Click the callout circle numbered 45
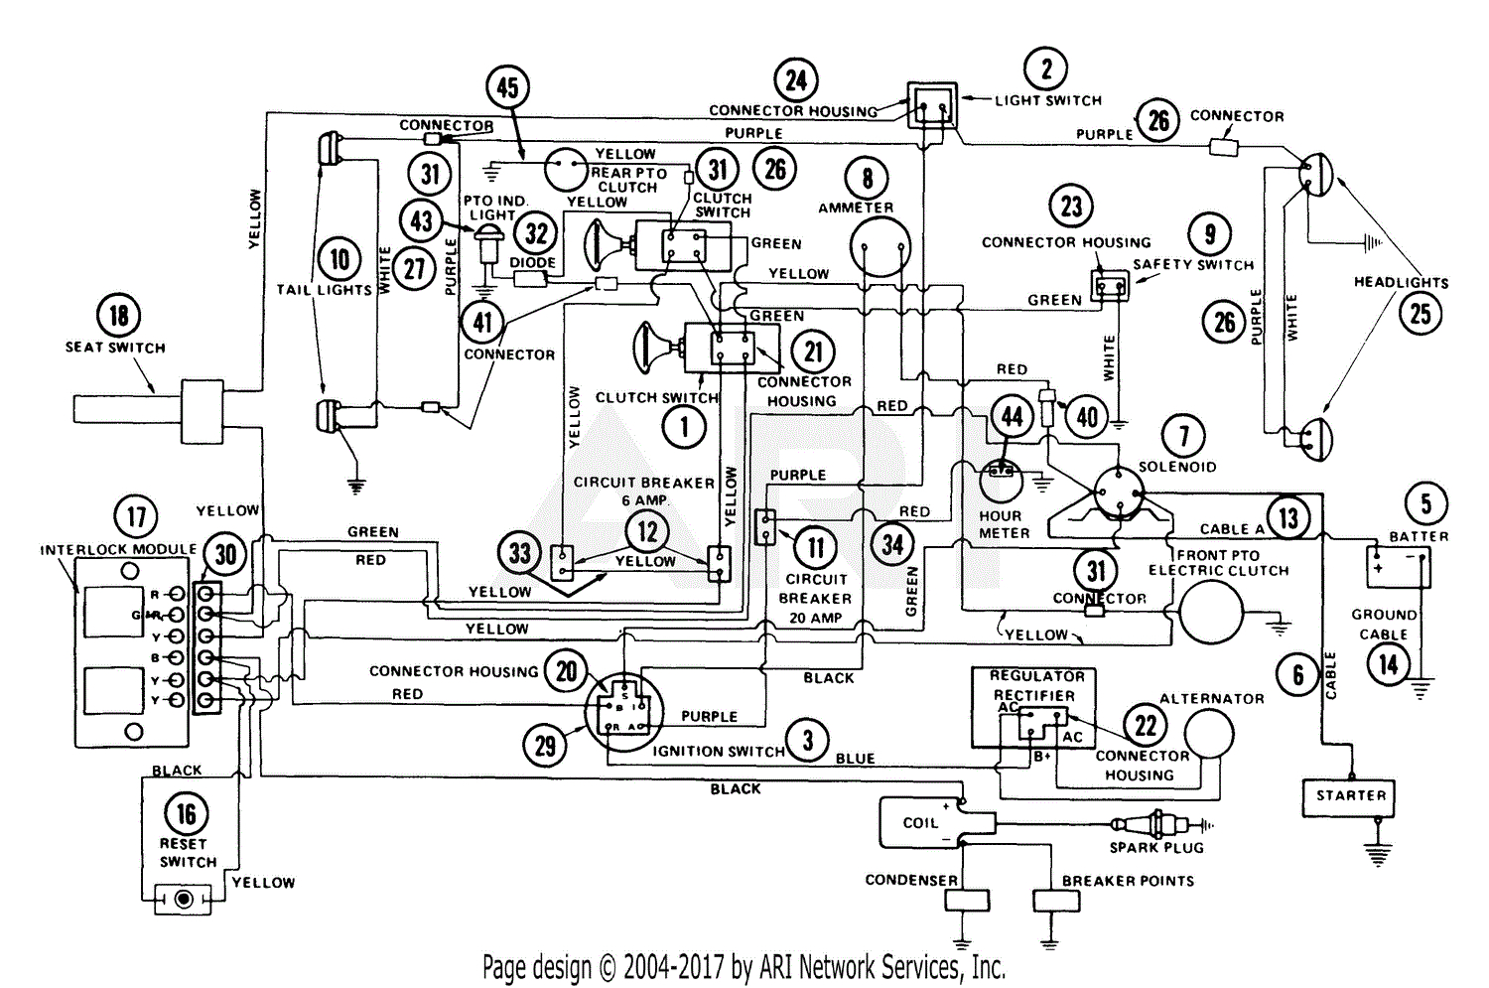click(507, 87)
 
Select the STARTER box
click(1350, 796)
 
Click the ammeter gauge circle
click(880, 246)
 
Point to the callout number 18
click(118, 316)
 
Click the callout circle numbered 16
click(186, 814)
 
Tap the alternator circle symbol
click(1208, 736)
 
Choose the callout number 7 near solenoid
click(1183, 435)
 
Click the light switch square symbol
click(932, 104)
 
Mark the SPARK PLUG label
click(1156, 848)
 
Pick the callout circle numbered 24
click(796, 79)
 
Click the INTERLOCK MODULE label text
click(118, 549)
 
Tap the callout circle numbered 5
click(1425, 502)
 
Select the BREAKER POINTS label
click(1128, 881)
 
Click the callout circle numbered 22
click(1146, 725)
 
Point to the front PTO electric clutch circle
click(1210, 613)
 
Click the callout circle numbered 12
click(647, 531)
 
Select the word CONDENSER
click(911, 880)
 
